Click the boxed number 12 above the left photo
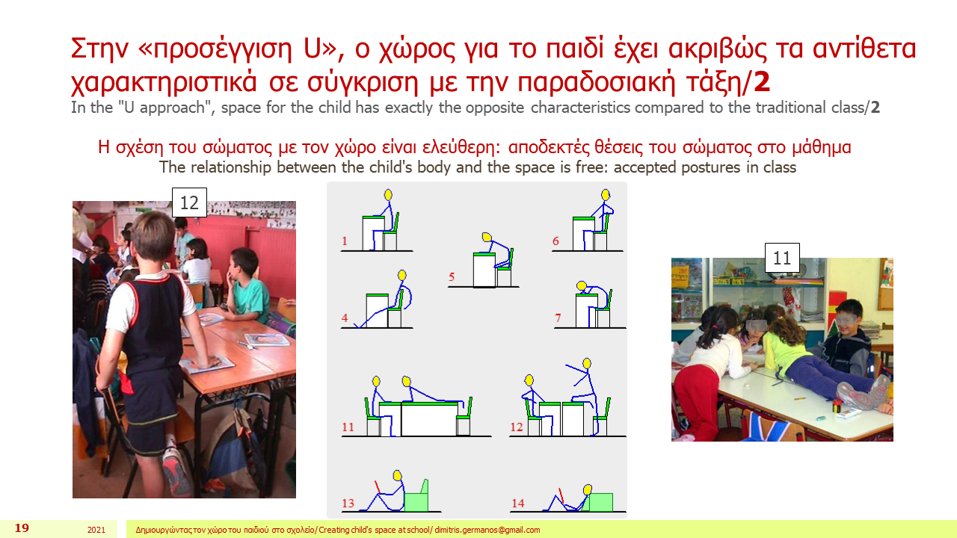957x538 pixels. pyautogui.click(x=189, y=202)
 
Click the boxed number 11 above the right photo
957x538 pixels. pyautogui.click(x=782, y=258)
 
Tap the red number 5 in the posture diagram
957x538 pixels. pyautogui.click(x=451, y=277)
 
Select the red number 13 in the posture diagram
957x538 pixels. pyautogui.click(x=348, y=503)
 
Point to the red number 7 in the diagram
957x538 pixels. pyautogui.click(x=558, y=318)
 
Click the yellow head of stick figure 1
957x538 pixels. pyautogui.click(x=388, y=195)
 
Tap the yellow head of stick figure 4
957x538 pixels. pyautogui.click(x=401, y=275)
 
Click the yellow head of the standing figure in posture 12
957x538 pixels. pyautogui.click(x=587, y=363)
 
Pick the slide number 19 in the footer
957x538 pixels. pyautogui.click(x=22, y=528)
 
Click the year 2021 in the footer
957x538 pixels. pyautogui.click(x=96, y=530)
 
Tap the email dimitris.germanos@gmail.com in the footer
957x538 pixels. pyautogui.click(x=487, y=530)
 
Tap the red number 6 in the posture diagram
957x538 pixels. pyautogui.click(x=556, y=241)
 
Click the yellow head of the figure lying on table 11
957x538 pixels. pyautogui.click(x=406, y=381)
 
